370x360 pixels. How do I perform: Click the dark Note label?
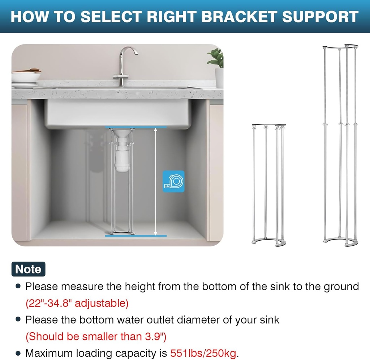[x=29, y=269]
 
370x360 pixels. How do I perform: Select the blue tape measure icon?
[x=173, y=181]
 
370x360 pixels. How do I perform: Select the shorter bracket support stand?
[x=268, y=185]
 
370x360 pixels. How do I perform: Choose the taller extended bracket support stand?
[x=340, y=145]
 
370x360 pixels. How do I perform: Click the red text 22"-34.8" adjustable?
[x=77, y=303]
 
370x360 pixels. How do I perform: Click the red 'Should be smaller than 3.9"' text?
[x=96, y=336]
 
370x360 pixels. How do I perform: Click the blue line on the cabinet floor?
[x=136, y=236]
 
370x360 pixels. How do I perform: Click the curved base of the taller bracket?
[x=340, y=242]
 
